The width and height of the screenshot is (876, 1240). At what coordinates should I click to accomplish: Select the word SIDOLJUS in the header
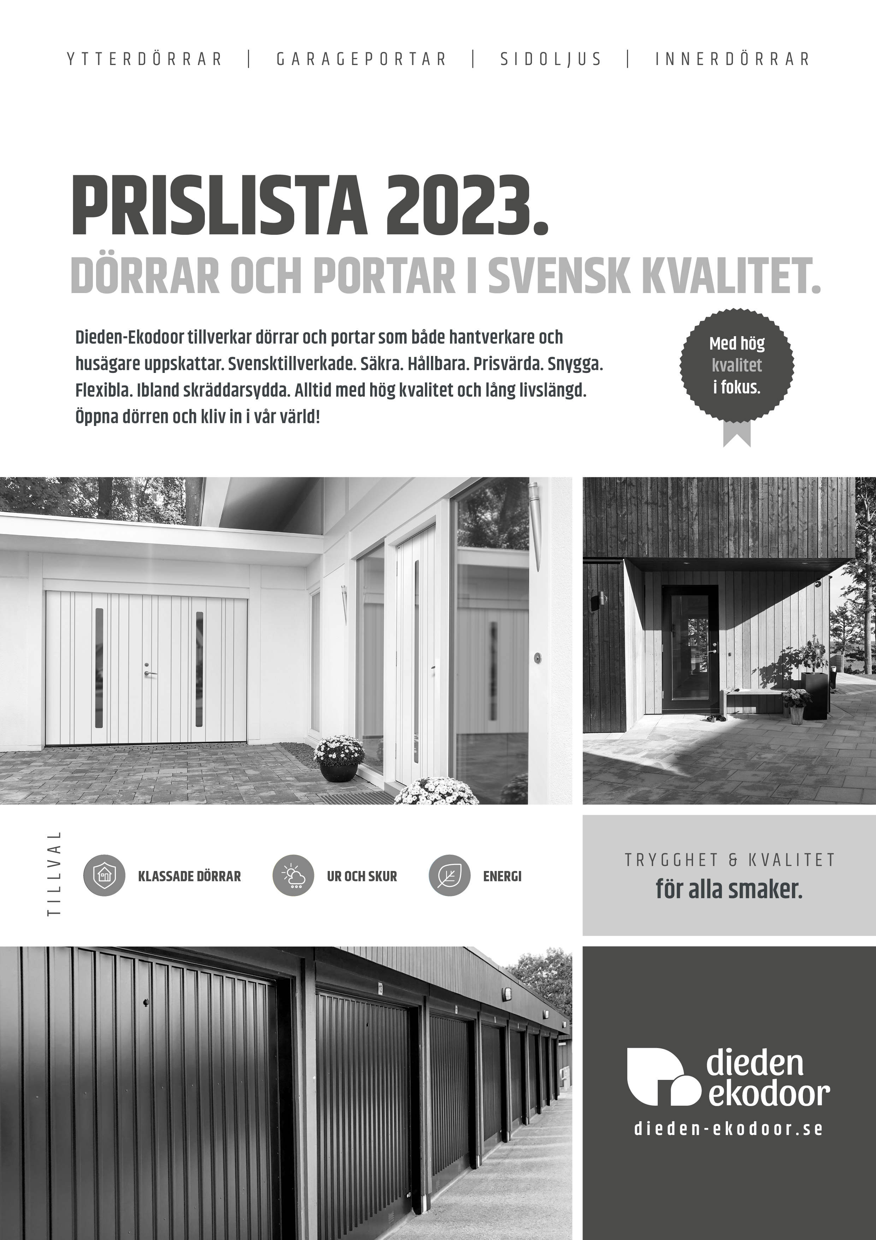551,59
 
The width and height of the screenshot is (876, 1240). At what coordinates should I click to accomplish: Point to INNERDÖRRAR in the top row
733,59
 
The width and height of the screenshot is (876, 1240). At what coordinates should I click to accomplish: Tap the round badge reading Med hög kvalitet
736,365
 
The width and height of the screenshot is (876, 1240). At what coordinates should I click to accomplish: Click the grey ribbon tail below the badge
736,435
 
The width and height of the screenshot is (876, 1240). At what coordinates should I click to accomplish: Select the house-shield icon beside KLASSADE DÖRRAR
104,876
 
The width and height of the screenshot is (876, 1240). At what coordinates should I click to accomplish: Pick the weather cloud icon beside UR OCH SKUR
293,876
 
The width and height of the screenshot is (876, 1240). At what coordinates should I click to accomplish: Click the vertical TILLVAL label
54,873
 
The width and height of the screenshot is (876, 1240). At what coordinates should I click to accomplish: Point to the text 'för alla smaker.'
729,889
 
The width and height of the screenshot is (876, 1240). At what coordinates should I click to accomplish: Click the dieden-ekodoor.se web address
729,1128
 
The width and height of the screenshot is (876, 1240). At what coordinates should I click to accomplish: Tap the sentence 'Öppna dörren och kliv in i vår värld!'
197,417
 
